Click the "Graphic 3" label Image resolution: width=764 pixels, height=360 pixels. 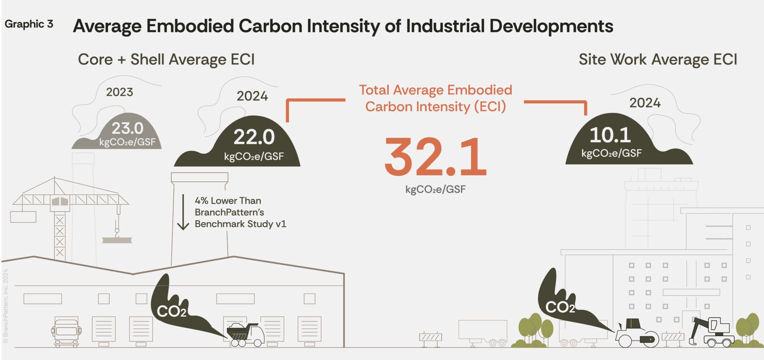pos(29,24)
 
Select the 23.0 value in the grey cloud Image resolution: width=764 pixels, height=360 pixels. pos(127,128)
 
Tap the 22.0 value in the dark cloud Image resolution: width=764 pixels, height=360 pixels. pos(254,137)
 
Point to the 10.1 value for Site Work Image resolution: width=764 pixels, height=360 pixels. pos(610,135)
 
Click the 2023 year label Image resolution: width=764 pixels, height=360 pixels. pos(119,92)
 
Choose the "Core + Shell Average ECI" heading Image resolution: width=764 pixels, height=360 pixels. pos(166,59)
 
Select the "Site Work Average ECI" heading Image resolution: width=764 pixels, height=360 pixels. pos(658,59)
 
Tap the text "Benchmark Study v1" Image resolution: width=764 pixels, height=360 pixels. pos(240,224)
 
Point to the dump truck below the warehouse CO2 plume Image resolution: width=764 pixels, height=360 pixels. pos(245,334)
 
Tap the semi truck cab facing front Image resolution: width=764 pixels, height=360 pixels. pos(66,332)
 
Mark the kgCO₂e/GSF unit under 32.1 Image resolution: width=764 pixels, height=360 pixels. pos(435,190)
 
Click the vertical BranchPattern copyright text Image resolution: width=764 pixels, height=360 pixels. pos(6,306)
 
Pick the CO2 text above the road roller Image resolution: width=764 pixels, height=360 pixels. pos(560,307)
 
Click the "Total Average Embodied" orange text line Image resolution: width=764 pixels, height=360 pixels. pos(435,90)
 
